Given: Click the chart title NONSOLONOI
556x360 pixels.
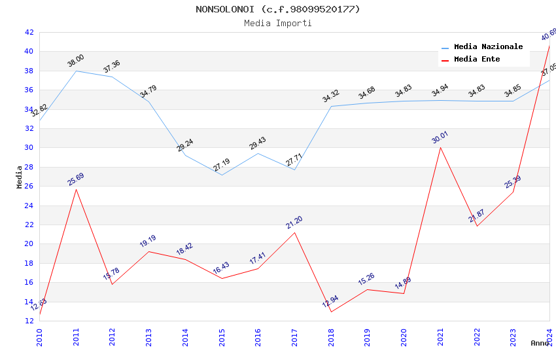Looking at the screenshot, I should pos(277,9).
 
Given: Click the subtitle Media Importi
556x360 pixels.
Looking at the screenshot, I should pos(277,23).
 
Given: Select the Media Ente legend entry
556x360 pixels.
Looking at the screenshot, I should pos(477,60).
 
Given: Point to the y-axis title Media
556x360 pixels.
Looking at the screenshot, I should pos(20,176).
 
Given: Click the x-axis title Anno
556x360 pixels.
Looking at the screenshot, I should pos(540,343).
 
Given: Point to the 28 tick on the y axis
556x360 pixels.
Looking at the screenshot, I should pos(29,167).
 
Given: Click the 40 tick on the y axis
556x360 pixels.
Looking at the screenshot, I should pos(29,52).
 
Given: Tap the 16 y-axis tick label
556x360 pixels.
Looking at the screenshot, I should pos(29,283).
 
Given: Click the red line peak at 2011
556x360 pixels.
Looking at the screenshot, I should pos(76,189).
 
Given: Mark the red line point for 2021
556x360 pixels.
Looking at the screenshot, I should pos(440,147).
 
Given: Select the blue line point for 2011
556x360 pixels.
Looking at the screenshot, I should pos(76,71).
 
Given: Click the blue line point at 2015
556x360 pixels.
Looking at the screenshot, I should pos(222,175).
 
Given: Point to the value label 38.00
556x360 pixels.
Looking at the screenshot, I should pos(76,61).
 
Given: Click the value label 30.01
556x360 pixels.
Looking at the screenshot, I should pos(440,137).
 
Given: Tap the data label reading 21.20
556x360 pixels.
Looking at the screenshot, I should pos(294,223).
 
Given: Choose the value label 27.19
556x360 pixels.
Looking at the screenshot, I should pos(222,165).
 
